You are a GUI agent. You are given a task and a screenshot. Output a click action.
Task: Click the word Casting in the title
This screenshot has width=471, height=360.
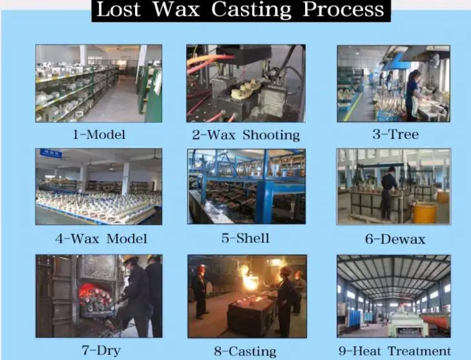[251, 10]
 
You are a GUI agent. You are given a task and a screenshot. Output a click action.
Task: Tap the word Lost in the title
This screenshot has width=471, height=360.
[118, 9]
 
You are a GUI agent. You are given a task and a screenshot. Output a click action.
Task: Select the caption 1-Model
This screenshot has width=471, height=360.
[99, 134]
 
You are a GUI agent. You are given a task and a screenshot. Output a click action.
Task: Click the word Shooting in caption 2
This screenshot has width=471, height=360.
[271, 135]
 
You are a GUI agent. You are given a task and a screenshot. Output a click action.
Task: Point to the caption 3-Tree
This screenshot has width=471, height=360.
[395, 134]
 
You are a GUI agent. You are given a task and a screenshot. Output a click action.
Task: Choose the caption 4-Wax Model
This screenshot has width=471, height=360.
[101, 238]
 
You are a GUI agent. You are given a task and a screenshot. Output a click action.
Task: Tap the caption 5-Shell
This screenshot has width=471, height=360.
[245, 238]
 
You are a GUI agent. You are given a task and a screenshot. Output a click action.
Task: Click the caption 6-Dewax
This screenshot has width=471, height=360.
[395, 239]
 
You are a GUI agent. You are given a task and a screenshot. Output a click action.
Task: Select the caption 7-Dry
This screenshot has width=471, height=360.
[101, 350]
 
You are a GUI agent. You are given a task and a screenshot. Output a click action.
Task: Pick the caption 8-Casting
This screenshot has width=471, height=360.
[245, 352]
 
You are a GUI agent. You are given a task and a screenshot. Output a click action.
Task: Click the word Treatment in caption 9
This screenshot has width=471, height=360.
[419, 351]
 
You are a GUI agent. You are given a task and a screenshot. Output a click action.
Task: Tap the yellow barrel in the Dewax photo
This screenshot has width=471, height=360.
[424, 213]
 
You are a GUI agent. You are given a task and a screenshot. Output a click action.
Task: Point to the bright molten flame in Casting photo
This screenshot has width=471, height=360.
[249, 279]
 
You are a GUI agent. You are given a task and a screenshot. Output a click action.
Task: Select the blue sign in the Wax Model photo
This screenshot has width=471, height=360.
[51, 153]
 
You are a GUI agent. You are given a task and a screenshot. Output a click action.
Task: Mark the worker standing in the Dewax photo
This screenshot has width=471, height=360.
[388, 193]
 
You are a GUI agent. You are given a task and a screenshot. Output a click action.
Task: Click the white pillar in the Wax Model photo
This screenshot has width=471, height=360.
[125, 179]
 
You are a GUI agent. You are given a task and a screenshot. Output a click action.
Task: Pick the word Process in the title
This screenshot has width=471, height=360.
[343, 10]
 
